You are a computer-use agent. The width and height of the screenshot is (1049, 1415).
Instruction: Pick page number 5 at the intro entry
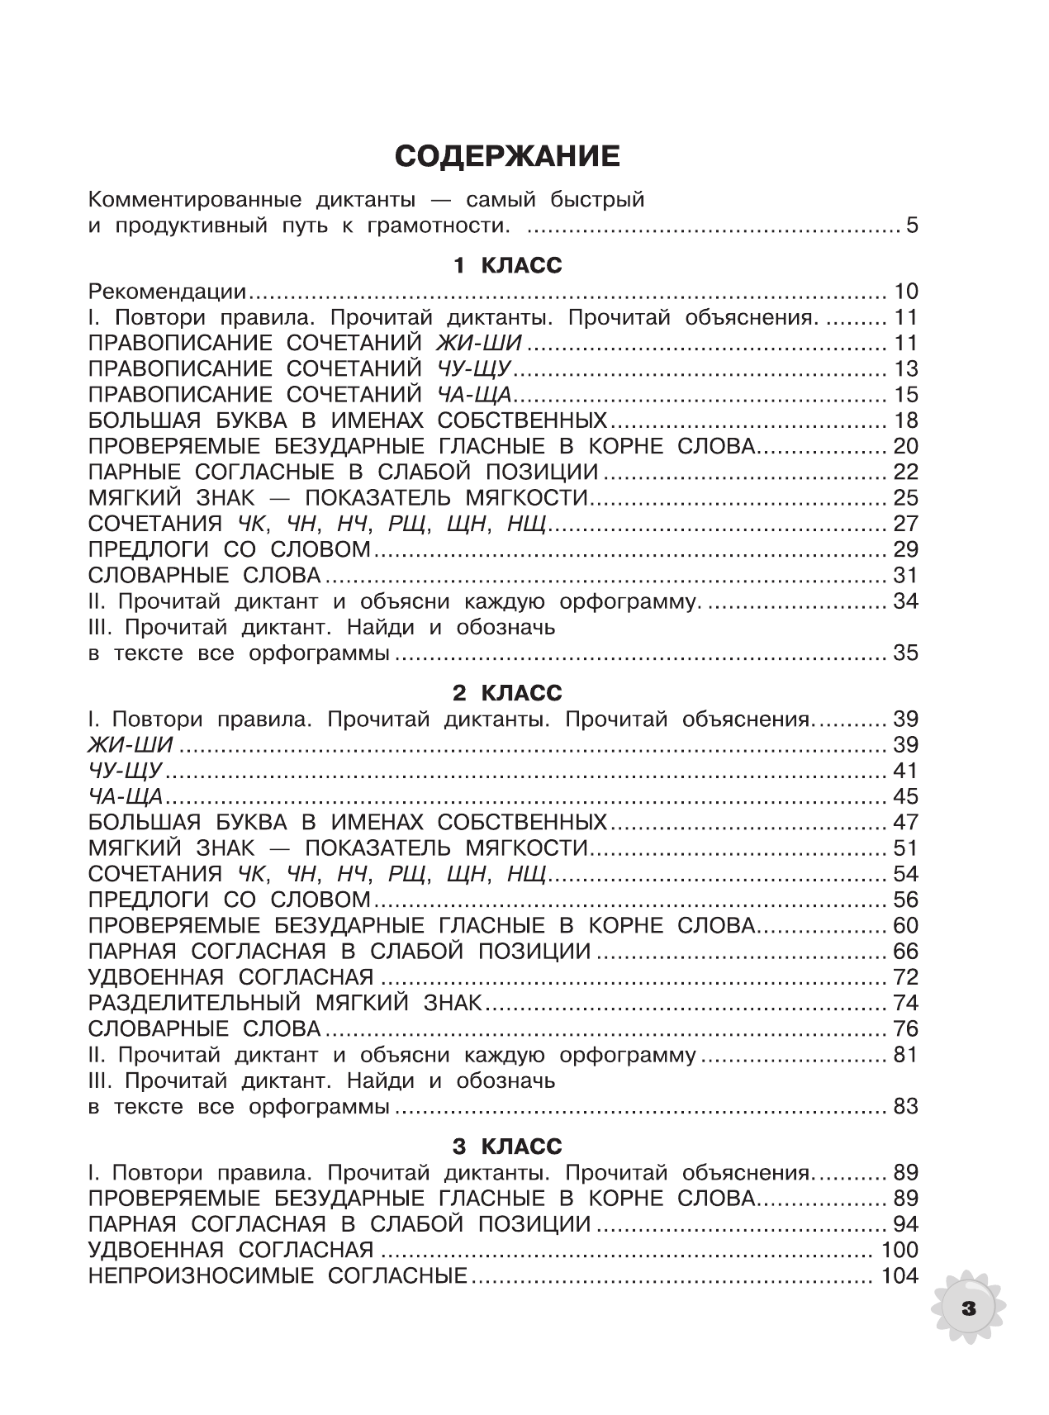tap(911, 226)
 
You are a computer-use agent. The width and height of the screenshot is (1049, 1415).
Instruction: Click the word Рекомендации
tap(168, 292)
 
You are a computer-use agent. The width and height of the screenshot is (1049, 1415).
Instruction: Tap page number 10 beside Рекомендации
tap(905, 292)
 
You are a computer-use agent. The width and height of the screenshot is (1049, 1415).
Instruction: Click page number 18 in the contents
tap(905, 420)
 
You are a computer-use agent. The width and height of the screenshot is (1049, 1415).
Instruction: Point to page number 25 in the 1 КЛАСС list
tap(905, 498)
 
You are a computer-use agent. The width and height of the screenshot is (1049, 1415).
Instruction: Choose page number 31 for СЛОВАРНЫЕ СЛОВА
tap(905, 576)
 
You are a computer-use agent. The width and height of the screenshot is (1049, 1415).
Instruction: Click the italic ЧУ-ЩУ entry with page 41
tap(126, 771)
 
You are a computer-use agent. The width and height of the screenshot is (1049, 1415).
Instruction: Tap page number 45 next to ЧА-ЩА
tap(905, 797)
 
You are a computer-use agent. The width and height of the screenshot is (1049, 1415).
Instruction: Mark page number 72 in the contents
tap(905, 977)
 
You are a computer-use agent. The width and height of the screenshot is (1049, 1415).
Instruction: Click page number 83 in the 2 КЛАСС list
tap(905, 1107)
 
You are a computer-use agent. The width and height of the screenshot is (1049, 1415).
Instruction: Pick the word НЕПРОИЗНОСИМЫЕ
tap(201, 1276)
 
